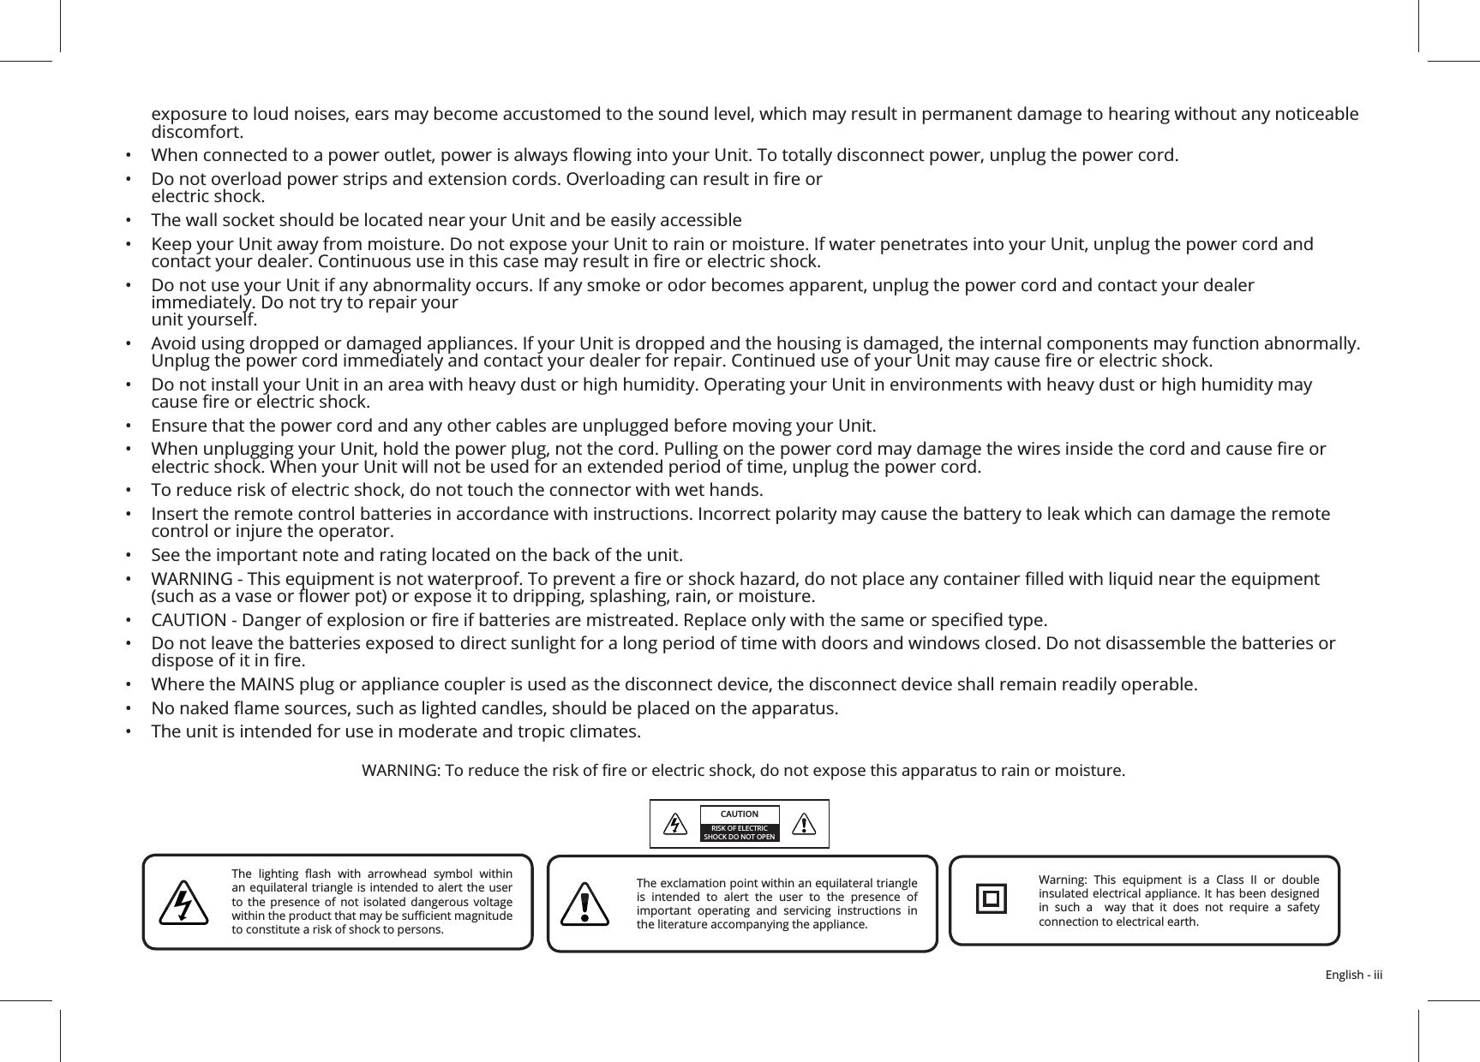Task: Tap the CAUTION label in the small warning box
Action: tap(739, 814)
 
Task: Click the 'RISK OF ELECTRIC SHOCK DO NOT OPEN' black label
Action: tap(740, 832)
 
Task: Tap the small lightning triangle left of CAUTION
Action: tap(676, 824)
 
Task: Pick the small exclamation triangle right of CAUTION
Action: tap(803, 824)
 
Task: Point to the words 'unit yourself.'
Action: tap(203, 320)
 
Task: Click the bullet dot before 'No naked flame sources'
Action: tap(128, 709)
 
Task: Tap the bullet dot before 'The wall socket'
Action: tap(128, 220)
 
